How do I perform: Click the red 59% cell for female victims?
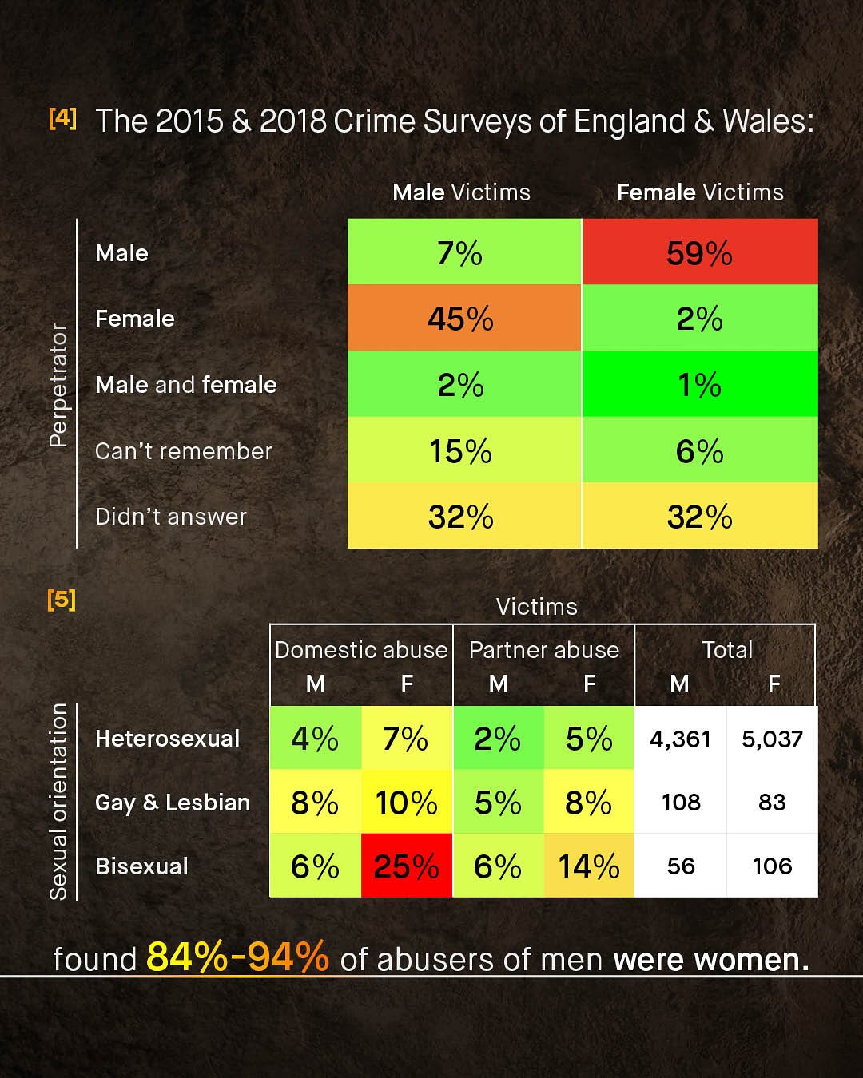[x=699, y=253]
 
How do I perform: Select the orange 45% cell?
[x=461, y=319]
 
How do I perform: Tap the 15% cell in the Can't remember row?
[x=461, y=451]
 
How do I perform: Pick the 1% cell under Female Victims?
[x=699, y=385]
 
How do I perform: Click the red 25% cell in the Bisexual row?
[x=407, y=866]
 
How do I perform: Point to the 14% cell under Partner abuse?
[x=589, y=866]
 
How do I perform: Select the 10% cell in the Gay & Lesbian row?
[x=407, y=803]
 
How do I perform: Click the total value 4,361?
[x=680, y=739]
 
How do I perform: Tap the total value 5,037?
[x=772, y=739]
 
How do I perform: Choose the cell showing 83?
[x=772, y=803]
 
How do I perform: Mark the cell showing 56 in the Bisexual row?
[x=681, y=866]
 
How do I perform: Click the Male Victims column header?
[x=461, y=192]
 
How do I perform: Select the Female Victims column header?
[x=700, y=192]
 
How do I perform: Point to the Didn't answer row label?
[x=171, y=517]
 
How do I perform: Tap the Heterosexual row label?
[x=167, y=739]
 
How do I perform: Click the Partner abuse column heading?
[x=544, y=650]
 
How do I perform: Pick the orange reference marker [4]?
[x=62, y=118]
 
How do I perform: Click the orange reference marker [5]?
[x=62, y=599]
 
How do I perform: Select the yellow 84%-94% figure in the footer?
[x=237, y=957]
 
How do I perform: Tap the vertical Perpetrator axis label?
[x=58, y=385]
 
